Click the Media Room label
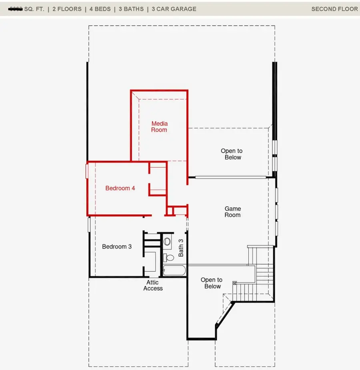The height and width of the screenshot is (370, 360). click(x=159, y=127)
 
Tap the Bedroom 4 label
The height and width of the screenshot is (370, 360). click(x=120, y=188)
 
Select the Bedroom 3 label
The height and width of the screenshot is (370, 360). click(x=117, y=247)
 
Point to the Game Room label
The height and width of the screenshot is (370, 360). click(x=232, y=212)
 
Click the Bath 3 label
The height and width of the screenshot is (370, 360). click(x=181, y=248)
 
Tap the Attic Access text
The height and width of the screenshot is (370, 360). click(x=153, y=285)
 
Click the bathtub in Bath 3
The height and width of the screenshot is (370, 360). click(x=174, y=271)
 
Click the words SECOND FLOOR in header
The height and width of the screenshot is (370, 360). click(x=334, y=9)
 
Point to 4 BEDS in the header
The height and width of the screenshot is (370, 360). click(x=98, y=9)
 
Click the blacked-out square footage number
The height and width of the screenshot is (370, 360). click(x=15, y=9)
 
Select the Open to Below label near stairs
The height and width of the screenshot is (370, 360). click(x=212, y=283)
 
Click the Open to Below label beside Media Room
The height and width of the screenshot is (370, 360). click(x=232, y=154)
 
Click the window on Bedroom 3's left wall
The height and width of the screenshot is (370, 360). click(x=89, y=224)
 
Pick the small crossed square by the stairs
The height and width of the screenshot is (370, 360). click(x=235, y=283)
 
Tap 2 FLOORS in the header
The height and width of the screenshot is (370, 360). click(x=67, y=9)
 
